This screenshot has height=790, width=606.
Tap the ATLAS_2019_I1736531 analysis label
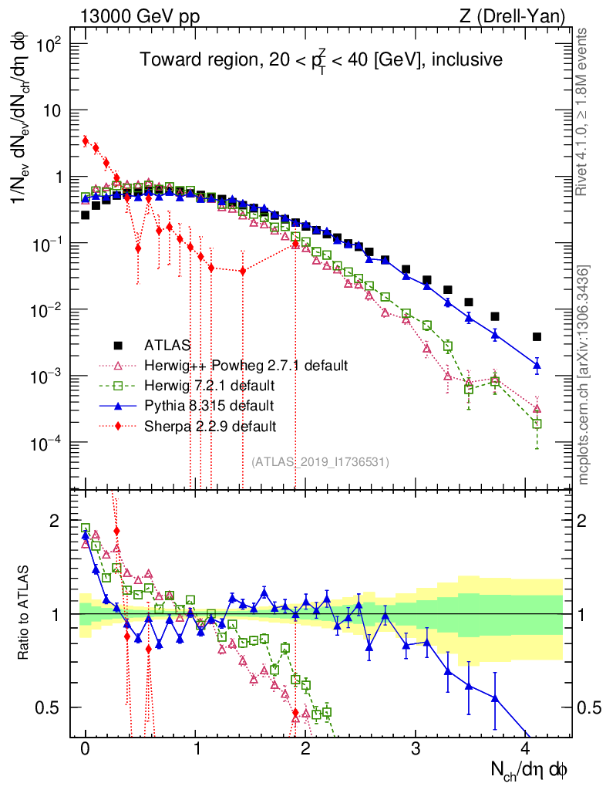pos(320,462)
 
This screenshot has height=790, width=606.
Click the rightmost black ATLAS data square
pos(537,336)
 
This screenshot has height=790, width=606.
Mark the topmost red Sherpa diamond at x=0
pos(85,140)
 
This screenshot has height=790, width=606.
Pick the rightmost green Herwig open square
pos(537,424)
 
